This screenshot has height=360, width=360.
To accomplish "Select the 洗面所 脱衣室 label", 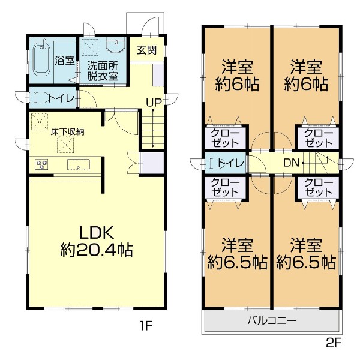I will click(x=103, y=70).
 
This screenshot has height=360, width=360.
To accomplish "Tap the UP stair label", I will click(x=154, y=102).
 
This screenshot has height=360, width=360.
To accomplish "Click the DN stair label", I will click(x=291, y=163).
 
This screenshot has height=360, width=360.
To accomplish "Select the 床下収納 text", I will click(x=67, y=132).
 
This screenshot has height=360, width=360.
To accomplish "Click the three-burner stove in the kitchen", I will click(x=42, y=164).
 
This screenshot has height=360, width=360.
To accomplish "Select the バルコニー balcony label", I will click(x=272, y=321).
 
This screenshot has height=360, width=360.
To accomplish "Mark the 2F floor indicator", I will click(x=332, y=346).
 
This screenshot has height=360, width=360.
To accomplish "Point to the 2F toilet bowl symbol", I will click(x=210, y=163).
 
